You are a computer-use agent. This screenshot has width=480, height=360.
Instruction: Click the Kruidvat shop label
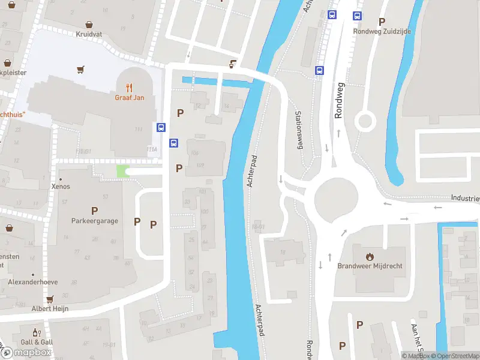coord(89,34)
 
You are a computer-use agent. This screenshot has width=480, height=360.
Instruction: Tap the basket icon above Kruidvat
coord(89,25)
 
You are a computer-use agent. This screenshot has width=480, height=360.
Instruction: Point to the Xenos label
coord(61,187)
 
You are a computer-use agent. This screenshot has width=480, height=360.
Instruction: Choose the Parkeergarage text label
coord(94,221)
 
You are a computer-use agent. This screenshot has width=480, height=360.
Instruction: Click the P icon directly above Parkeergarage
coord(94,211)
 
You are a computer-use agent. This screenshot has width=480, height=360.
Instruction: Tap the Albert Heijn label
coord(50,308)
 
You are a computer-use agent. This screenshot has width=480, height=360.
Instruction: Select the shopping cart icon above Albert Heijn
coord(50,298)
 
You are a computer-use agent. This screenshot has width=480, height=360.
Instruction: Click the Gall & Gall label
coord(37,342)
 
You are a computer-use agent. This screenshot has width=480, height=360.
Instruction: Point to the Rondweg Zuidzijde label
coord(382,31)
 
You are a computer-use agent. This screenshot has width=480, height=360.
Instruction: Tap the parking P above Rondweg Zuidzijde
coord(382,22)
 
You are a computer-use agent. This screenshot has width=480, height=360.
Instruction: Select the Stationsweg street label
coord(298,131)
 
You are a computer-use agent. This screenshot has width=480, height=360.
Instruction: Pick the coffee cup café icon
coord(232,63)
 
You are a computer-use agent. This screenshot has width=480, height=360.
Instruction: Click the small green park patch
coord(122,172)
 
